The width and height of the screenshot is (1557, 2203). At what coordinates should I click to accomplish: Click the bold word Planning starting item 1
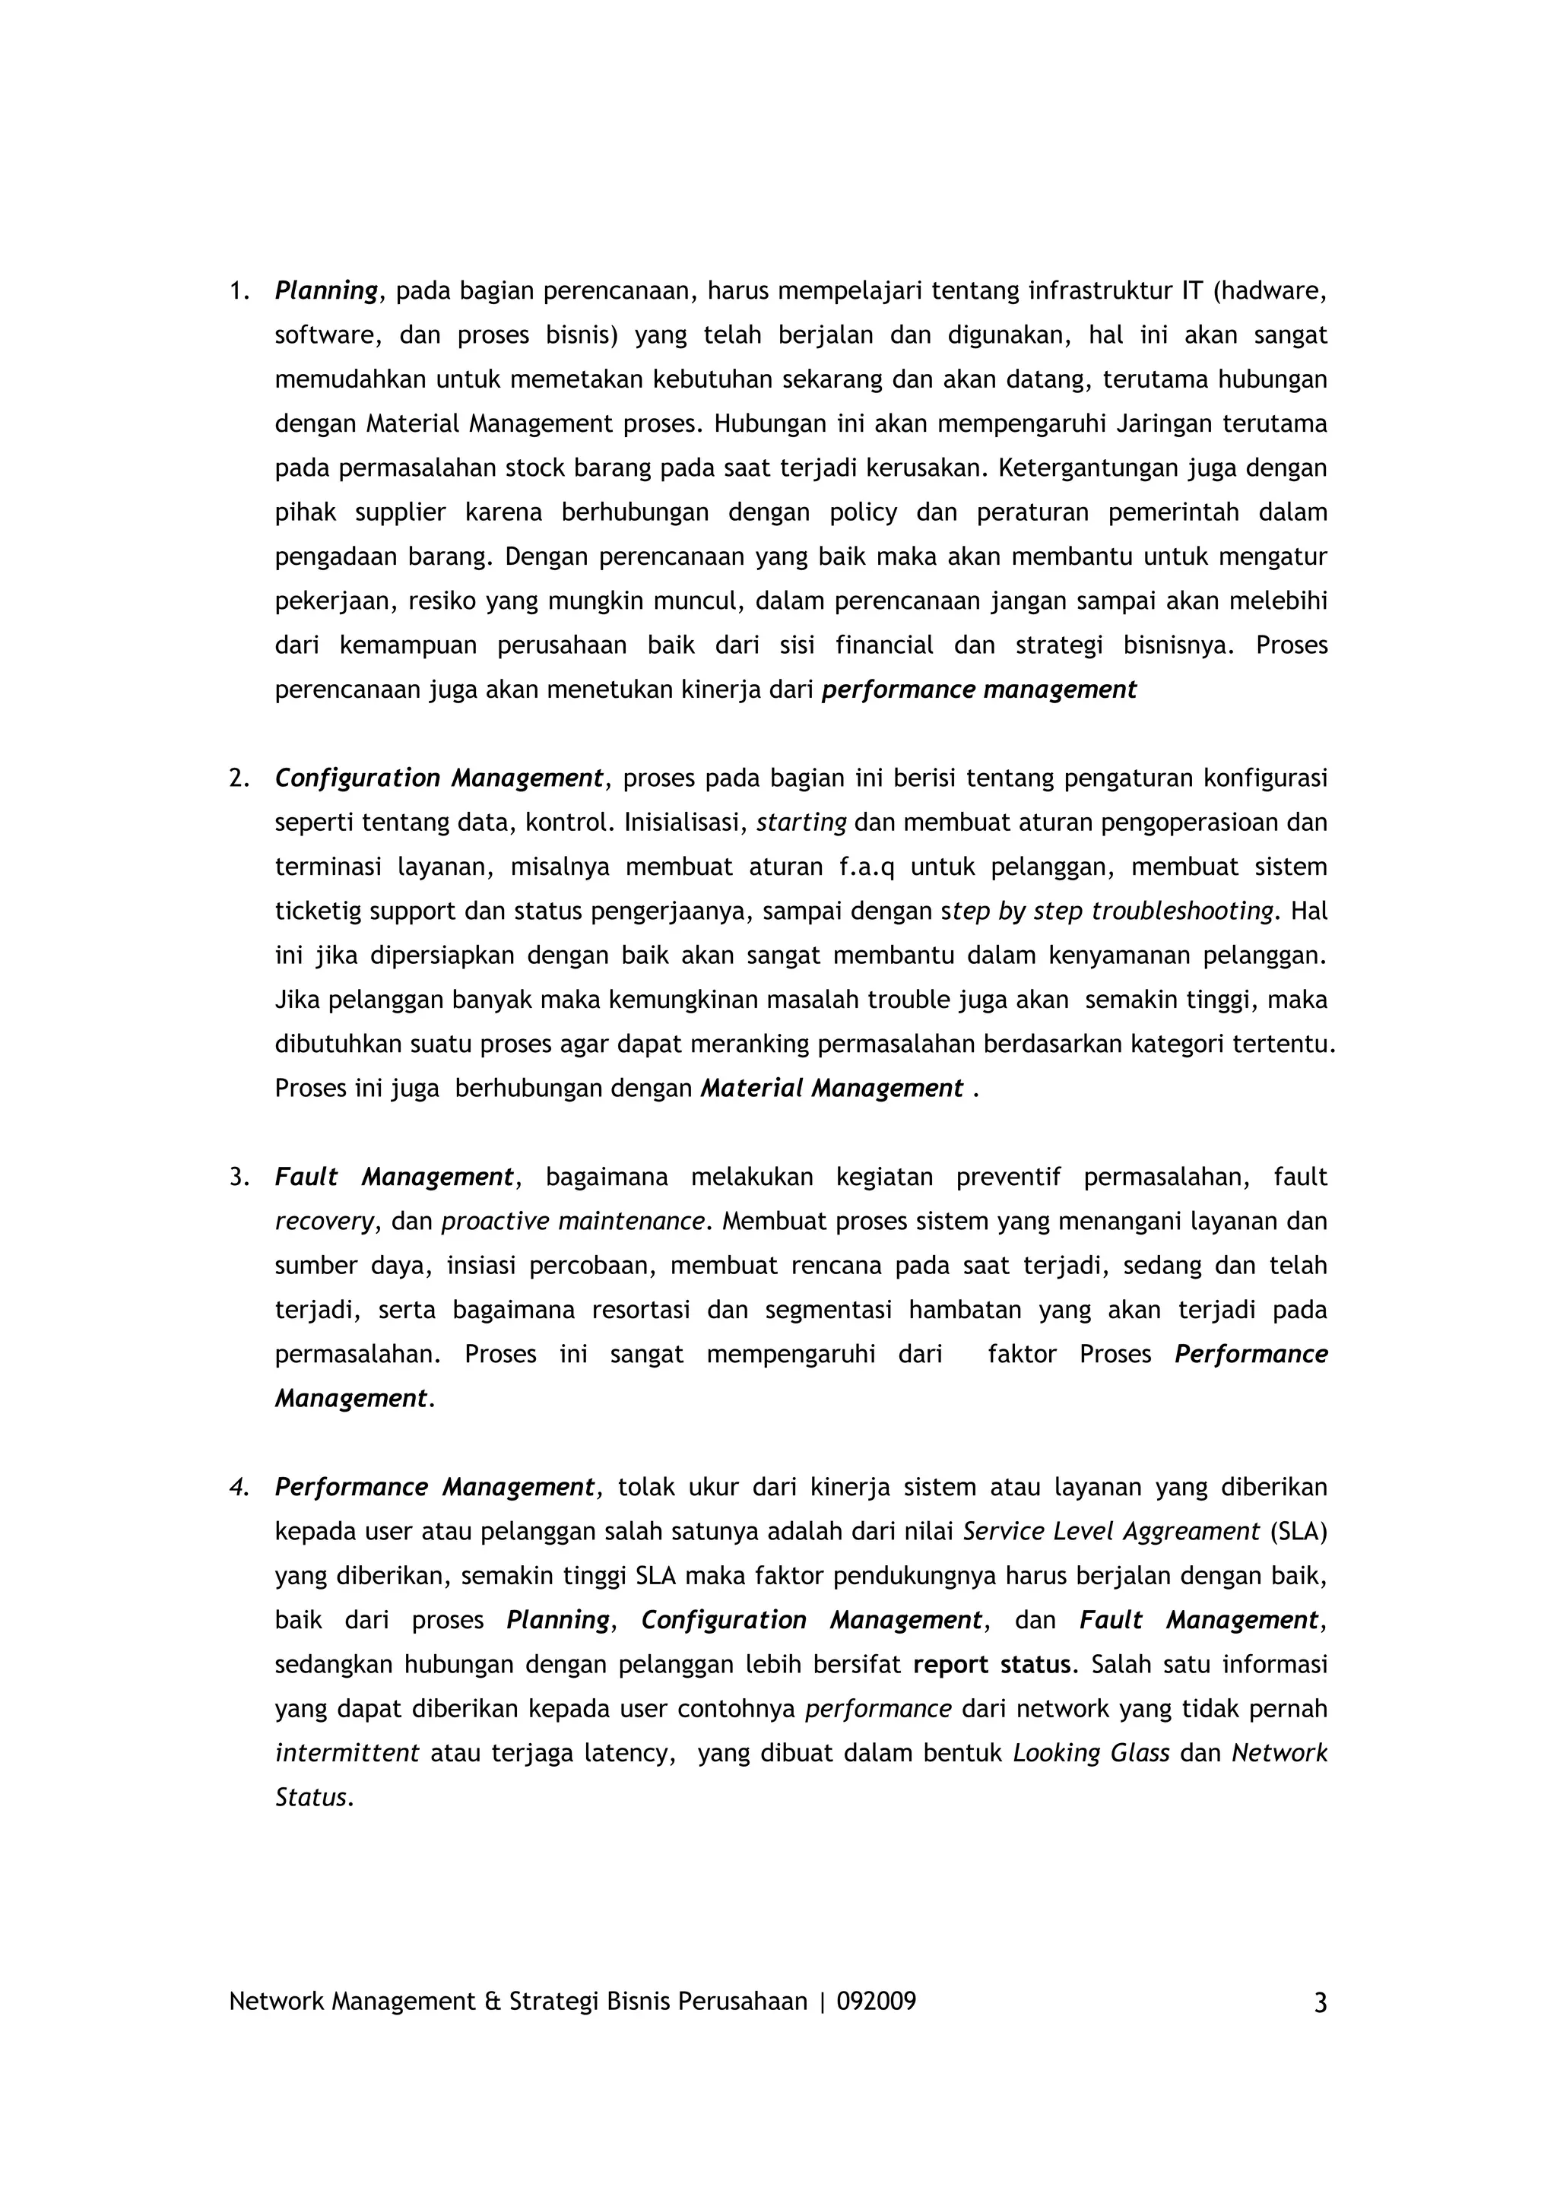(x=326, y=290)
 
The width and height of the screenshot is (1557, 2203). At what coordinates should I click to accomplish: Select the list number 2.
(x=238, y=778)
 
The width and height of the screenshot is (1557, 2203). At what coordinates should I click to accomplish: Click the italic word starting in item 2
(x=801, y=823)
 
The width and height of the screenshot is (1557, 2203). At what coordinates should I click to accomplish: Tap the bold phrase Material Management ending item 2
(x=831, y=1089)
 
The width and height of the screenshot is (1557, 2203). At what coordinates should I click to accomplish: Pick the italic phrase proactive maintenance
(x=572, y=1222)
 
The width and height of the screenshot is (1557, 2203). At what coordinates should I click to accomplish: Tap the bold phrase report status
(x=991, y=1666)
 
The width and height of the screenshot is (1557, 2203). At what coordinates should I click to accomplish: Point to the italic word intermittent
(x=347, y=1754)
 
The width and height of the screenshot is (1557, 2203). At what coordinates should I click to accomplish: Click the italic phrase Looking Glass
(x=1091, y=1754)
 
